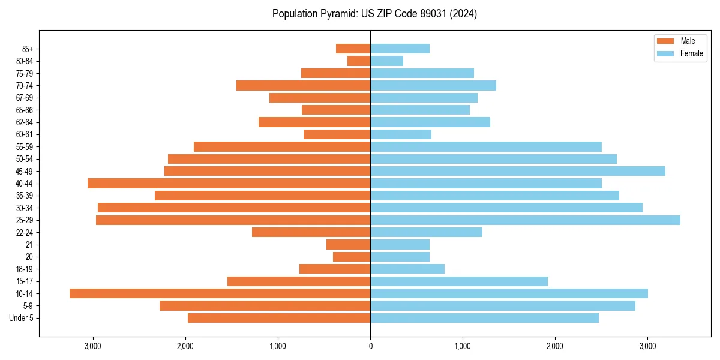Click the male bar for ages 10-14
pos(220,293)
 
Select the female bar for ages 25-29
pos(525,220)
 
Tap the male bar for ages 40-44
pos(229,183)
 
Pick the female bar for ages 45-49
pos(517,171)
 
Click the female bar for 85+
pos(400,49)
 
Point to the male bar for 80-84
pos(359,61)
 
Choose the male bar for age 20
pos(352,257)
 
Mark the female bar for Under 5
pos(484,318)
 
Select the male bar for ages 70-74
pos(303,85)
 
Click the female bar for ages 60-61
pos(401,134)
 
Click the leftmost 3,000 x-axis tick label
pos(93,347)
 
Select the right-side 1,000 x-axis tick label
pos(463,347)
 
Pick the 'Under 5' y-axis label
pos(21,318)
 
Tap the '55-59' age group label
pos(25,146)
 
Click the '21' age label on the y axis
pos(29,245)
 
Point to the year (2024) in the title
pos(464,14)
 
